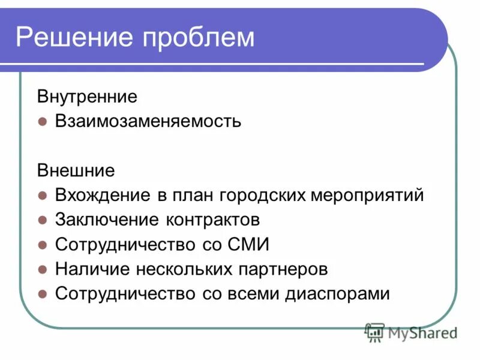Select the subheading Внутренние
[88, 96]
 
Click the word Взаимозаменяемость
[148, 121]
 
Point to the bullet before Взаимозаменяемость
[42, 121]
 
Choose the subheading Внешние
[76, 170]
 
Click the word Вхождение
[103, 195]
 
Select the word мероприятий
[368, 196]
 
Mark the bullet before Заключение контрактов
[42, 220]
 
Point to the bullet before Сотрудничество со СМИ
[42, 245]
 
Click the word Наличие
[89, 269]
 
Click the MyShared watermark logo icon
[375, 332]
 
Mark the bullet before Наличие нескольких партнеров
[42, 269]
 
